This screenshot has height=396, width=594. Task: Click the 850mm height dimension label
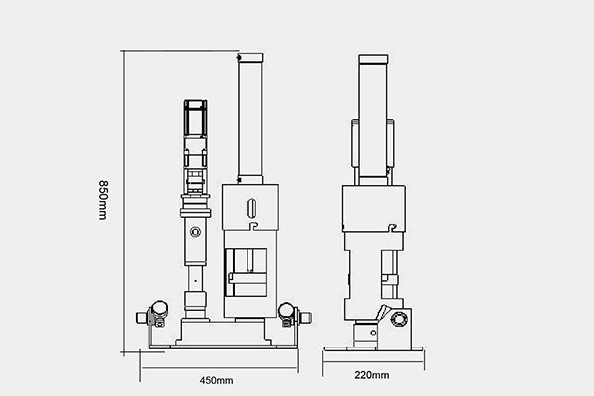103,200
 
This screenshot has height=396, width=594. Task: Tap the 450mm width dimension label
216,380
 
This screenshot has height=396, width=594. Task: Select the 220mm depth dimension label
372,375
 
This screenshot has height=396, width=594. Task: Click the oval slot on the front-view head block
251,208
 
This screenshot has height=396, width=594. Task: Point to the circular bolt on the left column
195,231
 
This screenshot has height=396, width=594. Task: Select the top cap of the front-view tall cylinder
250,58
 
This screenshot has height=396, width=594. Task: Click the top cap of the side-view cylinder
373,59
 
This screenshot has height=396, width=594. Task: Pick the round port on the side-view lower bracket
398,319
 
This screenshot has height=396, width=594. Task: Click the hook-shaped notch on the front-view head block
253,226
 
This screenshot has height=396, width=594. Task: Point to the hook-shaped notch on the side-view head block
393,228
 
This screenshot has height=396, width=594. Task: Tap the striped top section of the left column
195,118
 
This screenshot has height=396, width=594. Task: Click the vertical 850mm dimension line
124,202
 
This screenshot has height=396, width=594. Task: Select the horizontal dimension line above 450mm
219,367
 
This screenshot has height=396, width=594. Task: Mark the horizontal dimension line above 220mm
373,361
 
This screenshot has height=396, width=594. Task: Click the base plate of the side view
373,349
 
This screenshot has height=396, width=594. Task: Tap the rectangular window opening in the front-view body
247,272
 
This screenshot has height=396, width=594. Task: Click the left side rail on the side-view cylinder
355,144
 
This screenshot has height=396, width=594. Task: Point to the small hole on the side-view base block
373,333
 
